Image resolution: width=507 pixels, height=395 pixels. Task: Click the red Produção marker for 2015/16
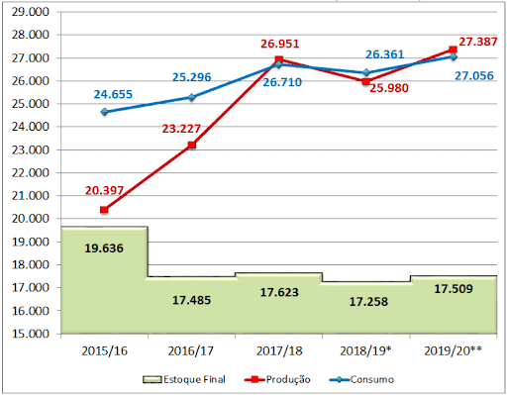[104, 210]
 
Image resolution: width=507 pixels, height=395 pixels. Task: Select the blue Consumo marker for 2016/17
[191, 97]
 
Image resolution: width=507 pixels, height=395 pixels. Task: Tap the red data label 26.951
[279, 44]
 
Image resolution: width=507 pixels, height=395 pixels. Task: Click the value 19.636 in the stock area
[104, 247]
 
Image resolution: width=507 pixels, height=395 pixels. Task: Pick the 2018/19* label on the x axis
[365, 352]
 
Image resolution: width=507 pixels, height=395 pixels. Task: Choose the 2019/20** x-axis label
[453, 352]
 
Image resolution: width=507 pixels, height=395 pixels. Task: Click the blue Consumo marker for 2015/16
[104, 112]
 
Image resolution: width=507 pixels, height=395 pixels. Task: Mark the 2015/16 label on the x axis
[104, 352]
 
